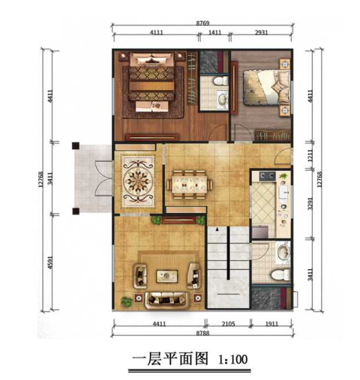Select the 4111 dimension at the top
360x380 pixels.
(x=157, y=34)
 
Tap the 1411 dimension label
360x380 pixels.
(x=214, y=34)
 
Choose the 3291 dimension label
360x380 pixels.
(x=310, y=204)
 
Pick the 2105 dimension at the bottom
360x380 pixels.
(x=229, y=324)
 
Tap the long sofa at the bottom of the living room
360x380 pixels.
(x=167, y=298)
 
